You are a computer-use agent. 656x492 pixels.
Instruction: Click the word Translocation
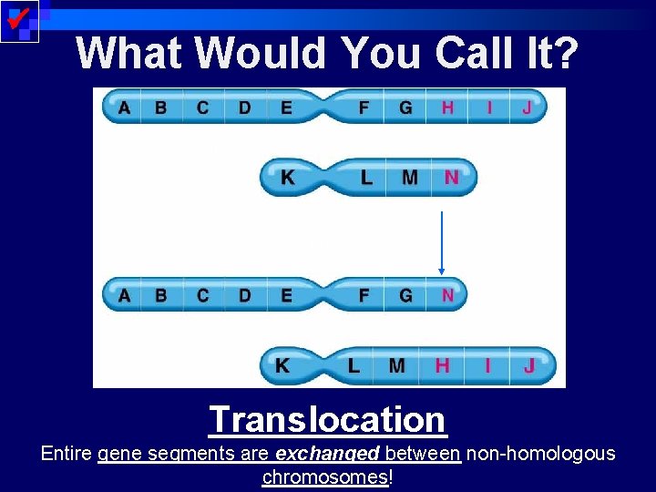[x=327, y=420]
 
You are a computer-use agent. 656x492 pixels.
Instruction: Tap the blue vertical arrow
[x=442, y=242]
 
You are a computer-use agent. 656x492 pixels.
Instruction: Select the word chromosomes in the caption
[x=325, y=477]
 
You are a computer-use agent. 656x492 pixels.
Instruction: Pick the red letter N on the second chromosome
[x=451, y=178]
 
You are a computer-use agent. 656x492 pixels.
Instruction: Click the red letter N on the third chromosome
[x=447, y=295]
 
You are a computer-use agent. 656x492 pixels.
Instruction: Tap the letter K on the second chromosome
[x=288, y=178]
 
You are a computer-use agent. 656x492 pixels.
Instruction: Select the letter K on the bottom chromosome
[x=283, y=366]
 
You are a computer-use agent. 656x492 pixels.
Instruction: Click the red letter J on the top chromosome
[x=527, y=108]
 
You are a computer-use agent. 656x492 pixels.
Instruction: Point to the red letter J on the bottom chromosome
[x=529, y=366]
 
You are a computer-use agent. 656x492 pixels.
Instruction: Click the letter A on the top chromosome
[x=124, y=108]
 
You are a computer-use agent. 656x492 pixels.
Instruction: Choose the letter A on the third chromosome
[x=124, y=295]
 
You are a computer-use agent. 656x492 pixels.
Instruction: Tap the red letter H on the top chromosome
[x=447, y=108]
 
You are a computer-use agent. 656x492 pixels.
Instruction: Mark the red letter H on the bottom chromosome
[x=442, y=366]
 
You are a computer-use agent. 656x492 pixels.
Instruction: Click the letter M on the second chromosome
[x=410, y=178]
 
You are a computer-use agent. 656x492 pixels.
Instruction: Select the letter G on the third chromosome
[x=405, y=295]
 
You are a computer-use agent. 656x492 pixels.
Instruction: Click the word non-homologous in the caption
[x=540, y=454]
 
